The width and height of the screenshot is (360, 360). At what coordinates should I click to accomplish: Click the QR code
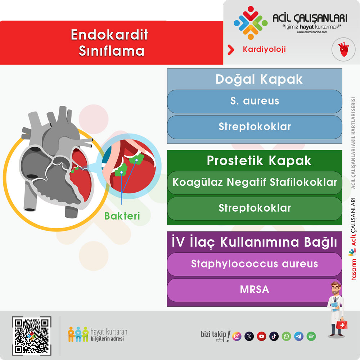point(32,336)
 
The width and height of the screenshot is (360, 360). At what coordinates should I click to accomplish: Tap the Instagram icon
point(237,336)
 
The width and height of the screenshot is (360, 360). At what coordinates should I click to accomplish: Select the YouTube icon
point(261,336)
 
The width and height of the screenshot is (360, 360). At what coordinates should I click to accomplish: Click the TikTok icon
point(274,336)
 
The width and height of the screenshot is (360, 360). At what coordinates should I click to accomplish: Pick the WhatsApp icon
point(286,336)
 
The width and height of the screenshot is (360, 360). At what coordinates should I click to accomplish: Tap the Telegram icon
point(299,336)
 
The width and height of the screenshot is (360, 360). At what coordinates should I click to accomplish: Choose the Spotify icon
point(311,336)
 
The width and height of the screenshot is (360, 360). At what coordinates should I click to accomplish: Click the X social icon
point(249,336)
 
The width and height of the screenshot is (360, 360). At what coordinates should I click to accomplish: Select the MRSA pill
point(255,290)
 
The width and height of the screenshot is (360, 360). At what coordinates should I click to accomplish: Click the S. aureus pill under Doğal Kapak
point(255,101)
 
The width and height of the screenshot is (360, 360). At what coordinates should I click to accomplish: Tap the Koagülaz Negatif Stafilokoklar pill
point(255,183)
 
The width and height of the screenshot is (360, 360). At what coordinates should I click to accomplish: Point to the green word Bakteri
point(122,216)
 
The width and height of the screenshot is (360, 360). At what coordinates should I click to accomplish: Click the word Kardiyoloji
point(264,49)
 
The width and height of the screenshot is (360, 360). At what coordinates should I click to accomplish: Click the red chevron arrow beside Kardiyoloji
point(231,50)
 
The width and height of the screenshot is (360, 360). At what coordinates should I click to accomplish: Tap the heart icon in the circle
point(343,49)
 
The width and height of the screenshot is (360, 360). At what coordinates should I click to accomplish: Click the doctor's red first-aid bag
point(342,324)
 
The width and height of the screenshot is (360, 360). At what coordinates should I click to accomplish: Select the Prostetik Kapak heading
point(259,161)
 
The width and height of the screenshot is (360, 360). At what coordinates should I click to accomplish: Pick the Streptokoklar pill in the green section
point(255,208)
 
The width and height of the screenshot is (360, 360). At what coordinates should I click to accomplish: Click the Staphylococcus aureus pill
point(255,264)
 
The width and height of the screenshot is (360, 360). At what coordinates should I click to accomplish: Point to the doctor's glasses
point(335,288)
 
